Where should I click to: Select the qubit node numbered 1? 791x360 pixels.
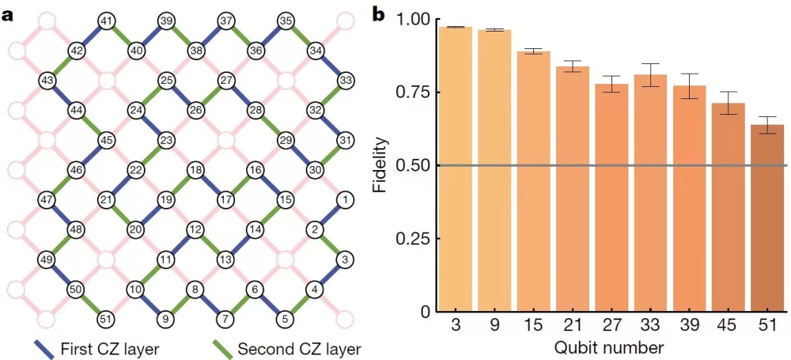[x=344, y=199]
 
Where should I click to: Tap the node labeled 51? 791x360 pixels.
[x=106, y=319]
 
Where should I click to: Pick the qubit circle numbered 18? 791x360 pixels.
[x=195, y=170]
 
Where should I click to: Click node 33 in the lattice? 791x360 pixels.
[x=345, y=80]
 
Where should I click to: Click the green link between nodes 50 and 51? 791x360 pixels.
[x=91, y=305]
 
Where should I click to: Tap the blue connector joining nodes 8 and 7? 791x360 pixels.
[x=210, y=305]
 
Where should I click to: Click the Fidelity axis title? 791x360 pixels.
[x=380, y=165]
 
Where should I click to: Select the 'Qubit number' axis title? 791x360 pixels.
[x=608, y=347]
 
